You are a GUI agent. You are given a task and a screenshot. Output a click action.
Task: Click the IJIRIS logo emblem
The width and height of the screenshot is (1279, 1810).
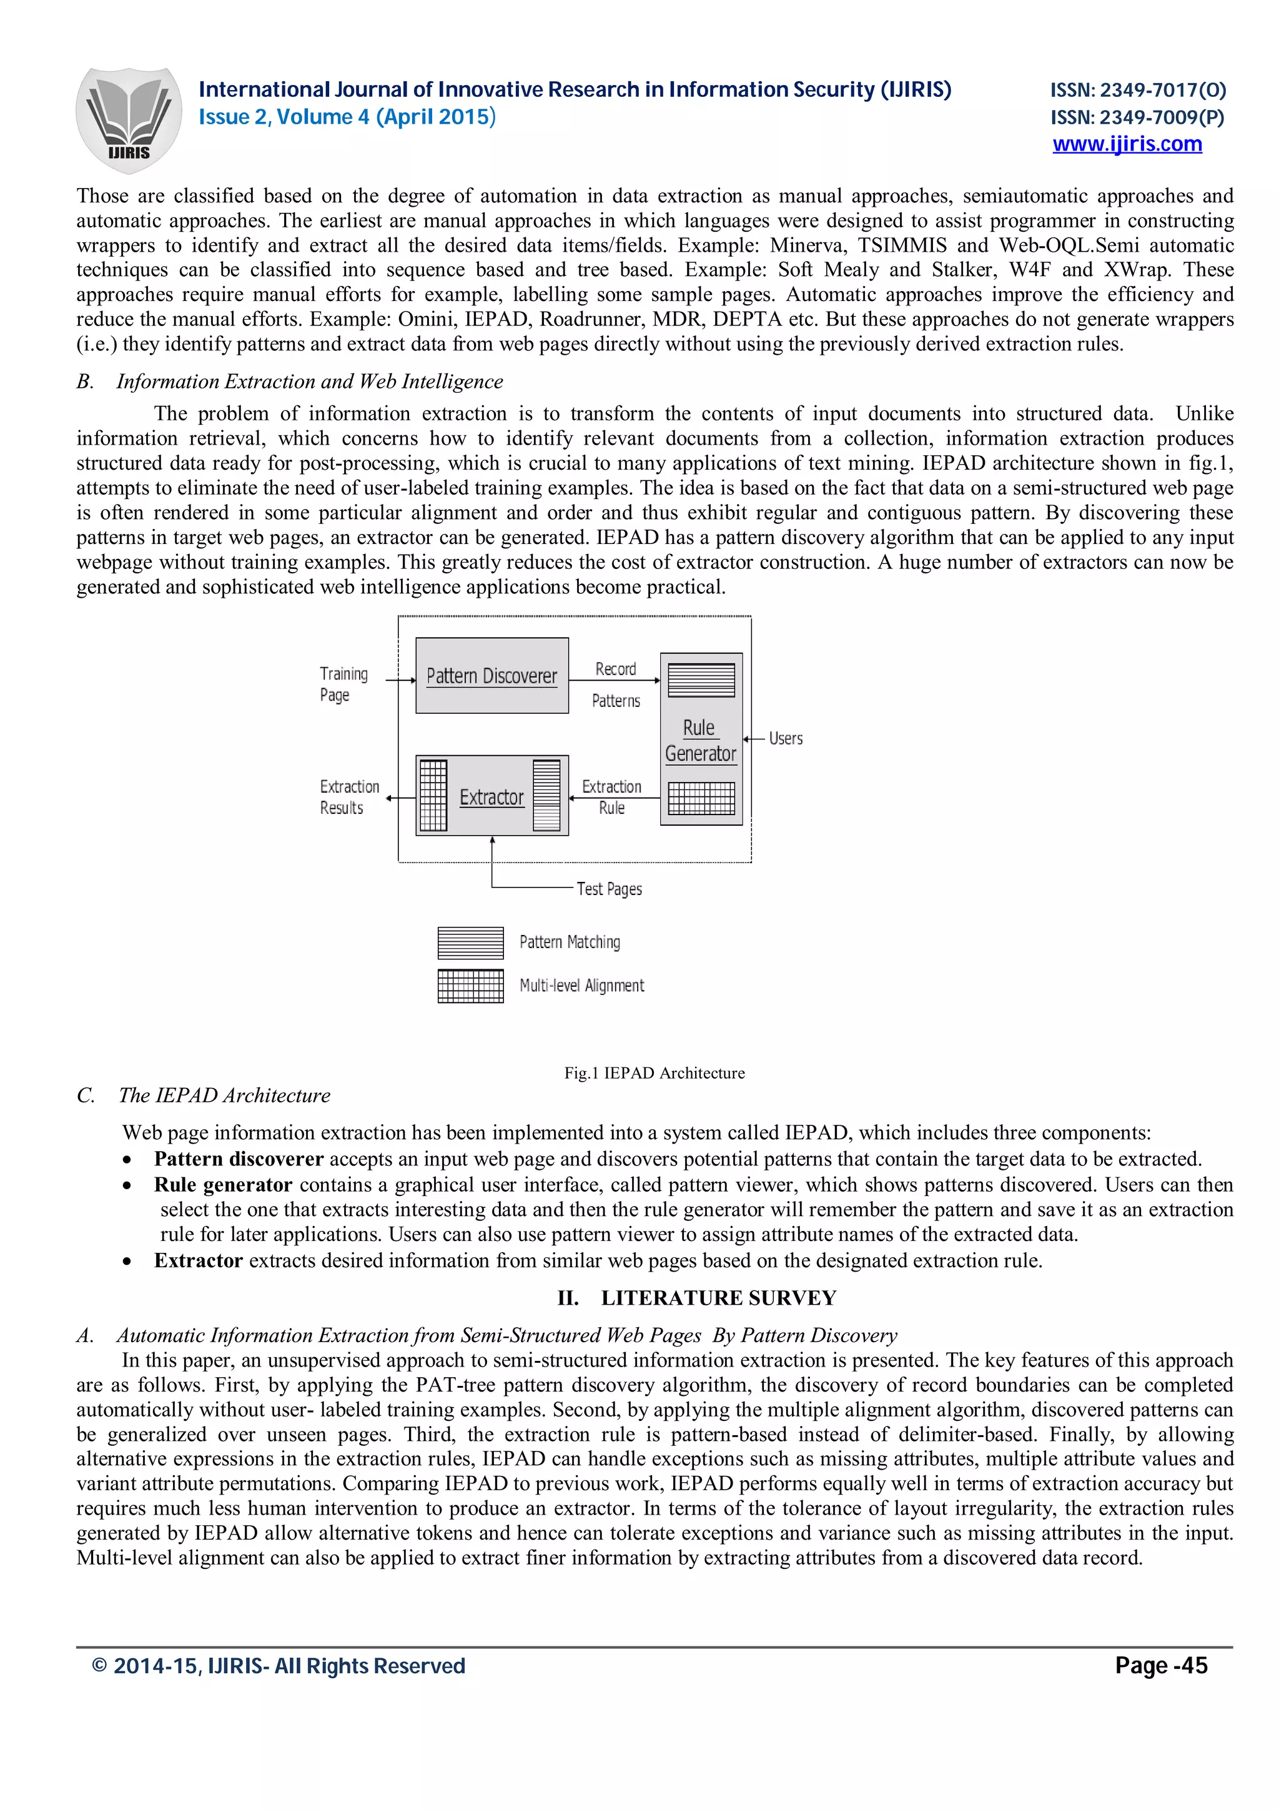(x=129, y=120)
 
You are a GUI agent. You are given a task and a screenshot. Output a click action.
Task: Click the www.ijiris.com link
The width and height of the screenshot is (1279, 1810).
(x=1127, y=144)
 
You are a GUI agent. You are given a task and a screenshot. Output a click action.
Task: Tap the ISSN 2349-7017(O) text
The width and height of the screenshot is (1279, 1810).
(x=1137, y=91)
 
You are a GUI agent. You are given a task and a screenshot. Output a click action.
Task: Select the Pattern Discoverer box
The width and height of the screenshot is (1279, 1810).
(x=491, y=676)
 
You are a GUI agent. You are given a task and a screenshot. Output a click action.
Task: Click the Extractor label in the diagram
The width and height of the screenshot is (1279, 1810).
(x=491, y=797)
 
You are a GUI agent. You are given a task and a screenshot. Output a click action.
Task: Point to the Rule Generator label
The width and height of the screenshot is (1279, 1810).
(x=700, y=740)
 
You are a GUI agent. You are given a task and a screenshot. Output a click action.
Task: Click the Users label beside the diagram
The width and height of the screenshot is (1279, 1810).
(x=785, y=739)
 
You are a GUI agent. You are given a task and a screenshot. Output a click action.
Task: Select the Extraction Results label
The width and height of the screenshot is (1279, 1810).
(x=348, y=797)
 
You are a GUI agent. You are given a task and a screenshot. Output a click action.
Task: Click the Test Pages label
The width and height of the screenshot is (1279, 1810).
(x=609, y=889)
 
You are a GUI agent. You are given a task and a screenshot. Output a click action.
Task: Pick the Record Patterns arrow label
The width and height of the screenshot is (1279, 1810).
(x=616, y=685)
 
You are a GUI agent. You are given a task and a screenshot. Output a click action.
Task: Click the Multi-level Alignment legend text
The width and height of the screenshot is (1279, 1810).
(x=581, y=986)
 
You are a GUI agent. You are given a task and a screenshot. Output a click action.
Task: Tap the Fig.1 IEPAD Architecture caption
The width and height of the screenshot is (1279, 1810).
(x=654, y=1073)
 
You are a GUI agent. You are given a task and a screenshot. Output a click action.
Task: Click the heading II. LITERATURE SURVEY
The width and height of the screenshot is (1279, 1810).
(x=696, y=1298)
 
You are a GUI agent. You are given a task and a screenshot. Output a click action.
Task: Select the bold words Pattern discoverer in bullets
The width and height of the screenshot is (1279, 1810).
(x=239, y=1159)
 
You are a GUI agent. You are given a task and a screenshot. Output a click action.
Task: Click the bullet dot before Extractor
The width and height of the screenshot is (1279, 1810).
(x=127, y=1262)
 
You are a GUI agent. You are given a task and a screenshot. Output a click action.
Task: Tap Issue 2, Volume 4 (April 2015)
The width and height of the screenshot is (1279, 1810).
(x=347, y=117)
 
